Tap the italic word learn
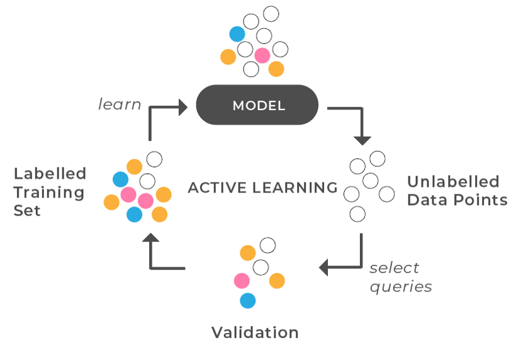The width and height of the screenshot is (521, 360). click(120, 104)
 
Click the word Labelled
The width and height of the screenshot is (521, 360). click(50, 174)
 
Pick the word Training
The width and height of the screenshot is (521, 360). click(49, 192)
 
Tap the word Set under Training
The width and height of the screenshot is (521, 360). click(27, 210)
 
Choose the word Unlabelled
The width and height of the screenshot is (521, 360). click(453, 183)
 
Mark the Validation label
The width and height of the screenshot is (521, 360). click(255, 332)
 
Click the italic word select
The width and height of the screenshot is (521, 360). click(394, 268)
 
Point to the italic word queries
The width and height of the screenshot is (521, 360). click(401, 287)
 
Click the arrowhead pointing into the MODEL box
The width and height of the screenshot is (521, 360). click(183, 107)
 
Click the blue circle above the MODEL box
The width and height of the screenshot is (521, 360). click(237, 34)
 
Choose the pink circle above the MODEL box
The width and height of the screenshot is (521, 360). click(262, 56)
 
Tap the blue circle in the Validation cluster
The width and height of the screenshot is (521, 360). click(248, 301)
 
